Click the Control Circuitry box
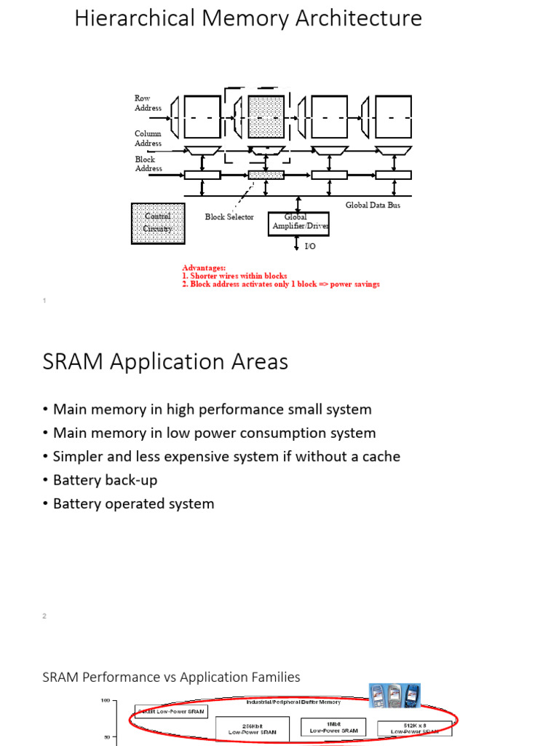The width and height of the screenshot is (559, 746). (158, 223)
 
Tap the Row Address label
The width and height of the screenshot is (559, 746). (148, 103)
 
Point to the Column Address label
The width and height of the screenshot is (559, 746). (148, 138)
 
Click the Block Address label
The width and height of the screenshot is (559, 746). (148, 164)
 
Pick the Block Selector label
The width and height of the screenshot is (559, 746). (229, 217)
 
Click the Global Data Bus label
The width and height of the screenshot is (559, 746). (373, 205)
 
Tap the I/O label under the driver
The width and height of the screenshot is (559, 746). (309, 247)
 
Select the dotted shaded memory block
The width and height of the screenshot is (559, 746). (266, 117)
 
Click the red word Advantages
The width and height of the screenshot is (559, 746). (204, 268)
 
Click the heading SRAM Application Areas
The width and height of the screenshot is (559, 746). (165, 362)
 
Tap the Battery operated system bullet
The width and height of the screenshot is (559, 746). (134, 503)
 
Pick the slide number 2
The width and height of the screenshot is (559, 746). (44, 616)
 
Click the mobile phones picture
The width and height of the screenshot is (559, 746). (395, 696)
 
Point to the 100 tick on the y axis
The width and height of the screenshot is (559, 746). (105, 701)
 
